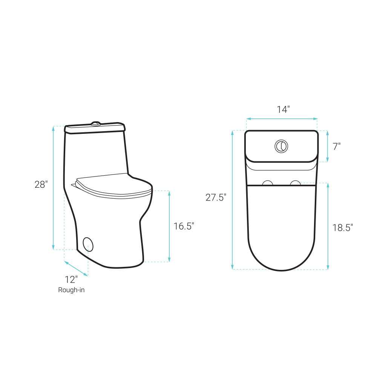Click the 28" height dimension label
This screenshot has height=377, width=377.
click(x=41, y=184)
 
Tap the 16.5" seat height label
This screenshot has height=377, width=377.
click(x=184, y=226)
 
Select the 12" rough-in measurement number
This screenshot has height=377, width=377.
click(x=71, y=279)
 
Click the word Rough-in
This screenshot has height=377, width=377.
click(x=71, y=290)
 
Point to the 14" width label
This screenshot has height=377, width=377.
click(x=283, y=109)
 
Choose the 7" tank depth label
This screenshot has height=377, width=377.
click(x=337, y=146)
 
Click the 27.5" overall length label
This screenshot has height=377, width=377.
click(x=216, y=198)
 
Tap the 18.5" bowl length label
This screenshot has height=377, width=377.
click(x=343, y=228)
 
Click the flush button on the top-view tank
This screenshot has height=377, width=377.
click(x=281, y=146)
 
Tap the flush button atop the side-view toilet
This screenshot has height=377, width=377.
click(x=96, y=124)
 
